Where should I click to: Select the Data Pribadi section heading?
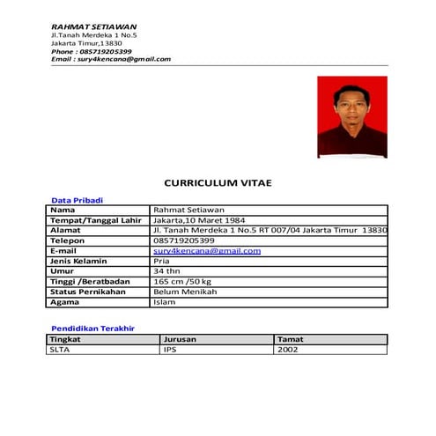click(x=78, y=200)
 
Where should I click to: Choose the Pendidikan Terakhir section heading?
click(x=92, y=328)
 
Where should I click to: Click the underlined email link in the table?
click(x=207, y=250)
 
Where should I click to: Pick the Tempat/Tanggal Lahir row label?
click(x=96, y=220)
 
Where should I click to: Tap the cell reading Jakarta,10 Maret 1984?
click(x=199, y=220)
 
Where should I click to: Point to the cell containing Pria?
click(x=161, y=261)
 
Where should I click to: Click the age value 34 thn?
click(x=166, y=271)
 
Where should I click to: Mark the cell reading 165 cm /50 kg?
click(x=182, y=281)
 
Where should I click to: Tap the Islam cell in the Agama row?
click(x=164, y=302)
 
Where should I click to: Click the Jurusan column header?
click(x=180, y=339)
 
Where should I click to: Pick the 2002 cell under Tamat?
click(x=288, y=350)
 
